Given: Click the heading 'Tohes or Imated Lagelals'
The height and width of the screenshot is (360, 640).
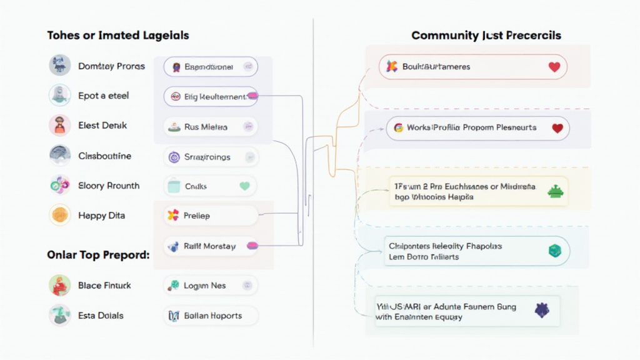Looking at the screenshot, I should pos(118,36).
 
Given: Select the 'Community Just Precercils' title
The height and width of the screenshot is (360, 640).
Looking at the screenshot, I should pos(486,36).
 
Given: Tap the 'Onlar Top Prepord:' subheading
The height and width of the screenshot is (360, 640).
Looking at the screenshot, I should pos(98,255).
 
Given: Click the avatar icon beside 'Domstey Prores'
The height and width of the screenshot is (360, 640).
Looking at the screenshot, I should pos(60,66).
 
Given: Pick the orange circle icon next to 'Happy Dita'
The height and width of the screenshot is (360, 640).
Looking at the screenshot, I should pos(60,216).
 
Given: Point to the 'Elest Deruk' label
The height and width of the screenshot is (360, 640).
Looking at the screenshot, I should pos(102,126).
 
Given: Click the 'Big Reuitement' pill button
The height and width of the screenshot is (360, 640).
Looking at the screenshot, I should pos(210,96).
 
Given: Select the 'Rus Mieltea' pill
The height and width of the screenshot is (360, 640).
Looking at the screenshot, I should pos(210,127).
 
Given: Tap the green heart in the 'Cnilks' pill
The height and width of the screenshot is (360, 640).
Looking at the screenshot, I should pos(244,186).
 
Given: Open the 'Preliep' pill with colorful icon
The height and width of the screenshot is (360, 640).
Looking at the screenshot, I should pos(210,216).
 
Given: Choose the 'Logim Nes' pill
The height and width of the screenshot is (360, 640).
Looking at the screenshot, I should pos(210,286).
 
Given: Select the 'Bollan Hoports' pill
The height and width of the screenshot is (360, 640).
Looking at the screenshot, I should pos(210,316).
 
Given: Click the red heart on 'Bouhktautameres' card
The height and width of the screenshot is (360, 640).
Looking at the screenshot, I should pos(554,67).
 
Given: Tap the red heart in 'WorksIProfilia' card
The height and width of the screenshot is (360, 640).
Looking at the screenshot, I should pos(557,127).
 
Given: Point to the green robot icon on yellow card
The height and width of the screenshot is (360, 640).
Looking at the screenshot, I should pos(554,192).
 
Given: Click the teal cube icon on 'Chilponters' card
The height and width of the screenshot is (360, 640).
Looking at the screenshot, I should pos(554,251).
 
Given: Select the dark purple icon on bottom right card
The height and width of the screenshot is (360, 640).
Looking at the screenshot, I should pos(541,309).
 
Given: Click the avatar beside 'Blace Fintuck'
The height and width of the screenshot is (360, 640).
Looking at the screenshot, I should pos(60,286).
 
